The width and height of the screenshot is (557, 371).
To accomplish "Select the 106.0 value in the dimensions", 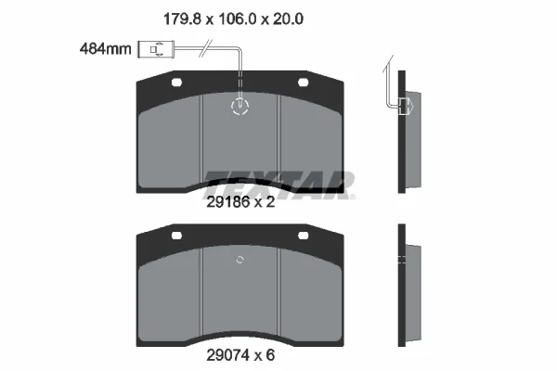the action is pyautogui.click(x=237, y=19).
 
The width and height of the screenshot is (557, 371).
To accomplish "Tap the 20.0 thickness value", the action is pyautogui.click(x=288, y=19).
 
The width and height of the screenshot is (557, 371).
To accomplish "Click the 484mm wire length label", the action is pyautogui.click(x=106, y=48).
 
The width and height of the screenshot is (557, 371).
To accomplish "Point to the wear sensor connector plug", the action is pyautogui.click(x=155, y=49).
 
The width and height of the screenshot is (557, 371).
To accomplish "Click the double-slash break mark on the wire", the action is pyautogui.click(x=206, y=48).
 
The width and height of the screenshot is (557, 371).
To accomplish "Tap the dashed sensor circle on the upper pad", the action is pyautogui.click(x=240, y=106).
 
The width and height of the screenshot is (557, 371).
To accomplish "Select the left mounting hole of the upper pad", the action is pyautogui.click(x=176, y=83).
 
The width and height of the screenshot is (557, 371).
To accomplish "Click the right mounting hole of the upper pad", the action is pyautogui.click(x=303, y=83).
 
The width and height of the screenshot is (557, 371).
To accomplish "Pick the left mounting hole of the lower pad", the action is pyautogui.click(x=176, y=236).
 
